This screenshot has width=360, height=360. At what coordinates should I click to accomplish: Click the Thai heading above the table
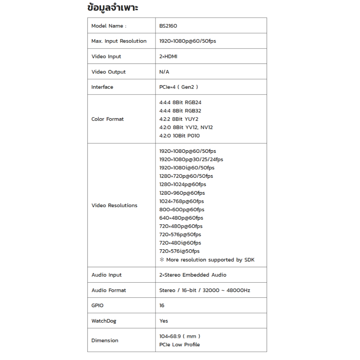click(x=112, y=8)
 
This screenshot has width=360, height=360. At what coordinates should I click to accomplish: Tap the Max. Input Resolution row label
click(x=119, y=41)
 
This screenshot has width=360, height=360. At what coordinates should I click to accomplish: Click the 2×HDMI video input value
click(x=168, y=57)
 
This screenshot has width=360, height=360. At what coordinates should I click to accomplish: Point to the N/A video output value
click(x=164, y=72)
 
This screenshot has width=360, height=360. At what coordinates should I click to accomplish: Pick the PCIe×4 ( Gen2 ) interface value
click(x=179, y=87)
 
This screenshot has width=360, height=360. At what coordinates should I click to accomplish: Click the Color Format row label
click(x=108, y=119)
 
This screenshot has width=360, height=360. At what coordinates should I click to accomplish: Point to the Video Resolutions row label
click(x=114, y=205)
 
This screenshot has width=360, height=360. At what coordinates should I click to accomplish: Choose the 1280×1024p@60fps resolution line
click(x=183, y=185)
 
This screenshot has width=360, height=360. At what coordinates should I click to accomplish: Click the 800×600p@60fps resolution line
click(x=182, y=210)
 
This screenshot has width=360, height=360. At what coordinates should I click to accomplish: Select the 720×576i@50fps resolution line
click(x=179, y=251)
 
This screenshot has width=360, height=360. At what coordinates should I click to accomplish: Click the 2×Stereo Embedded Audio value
click(x=193, y=275)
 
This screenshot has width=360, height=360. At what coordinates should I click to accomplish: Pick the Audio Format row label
click(x=109, y=290)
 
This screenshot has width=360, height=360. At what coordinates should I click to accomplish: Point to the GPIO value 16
click(x=162, y=306)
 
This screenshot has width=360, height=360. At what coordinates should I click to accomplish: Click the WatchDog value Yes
click(x=163, y=321)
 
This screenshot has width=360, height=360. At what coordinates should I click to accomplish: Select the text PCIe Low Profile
click(x=179, y=345)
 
